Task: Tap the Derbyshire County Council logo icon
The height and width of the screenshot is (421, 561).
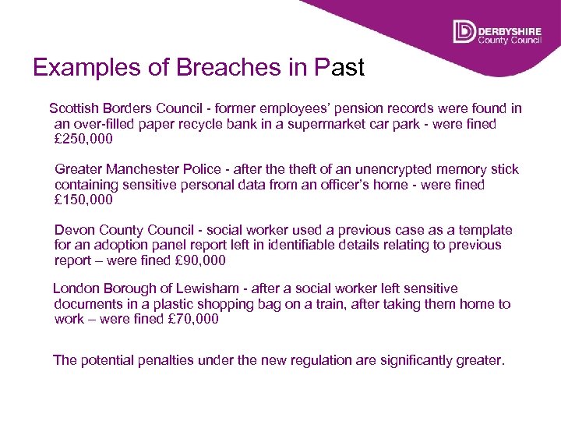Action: [464, 31]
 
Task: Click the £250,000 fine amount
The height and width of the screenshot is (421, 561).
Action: [83, 140]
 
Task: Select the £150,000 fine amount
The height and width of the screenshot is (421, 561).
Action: [83, 200]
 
